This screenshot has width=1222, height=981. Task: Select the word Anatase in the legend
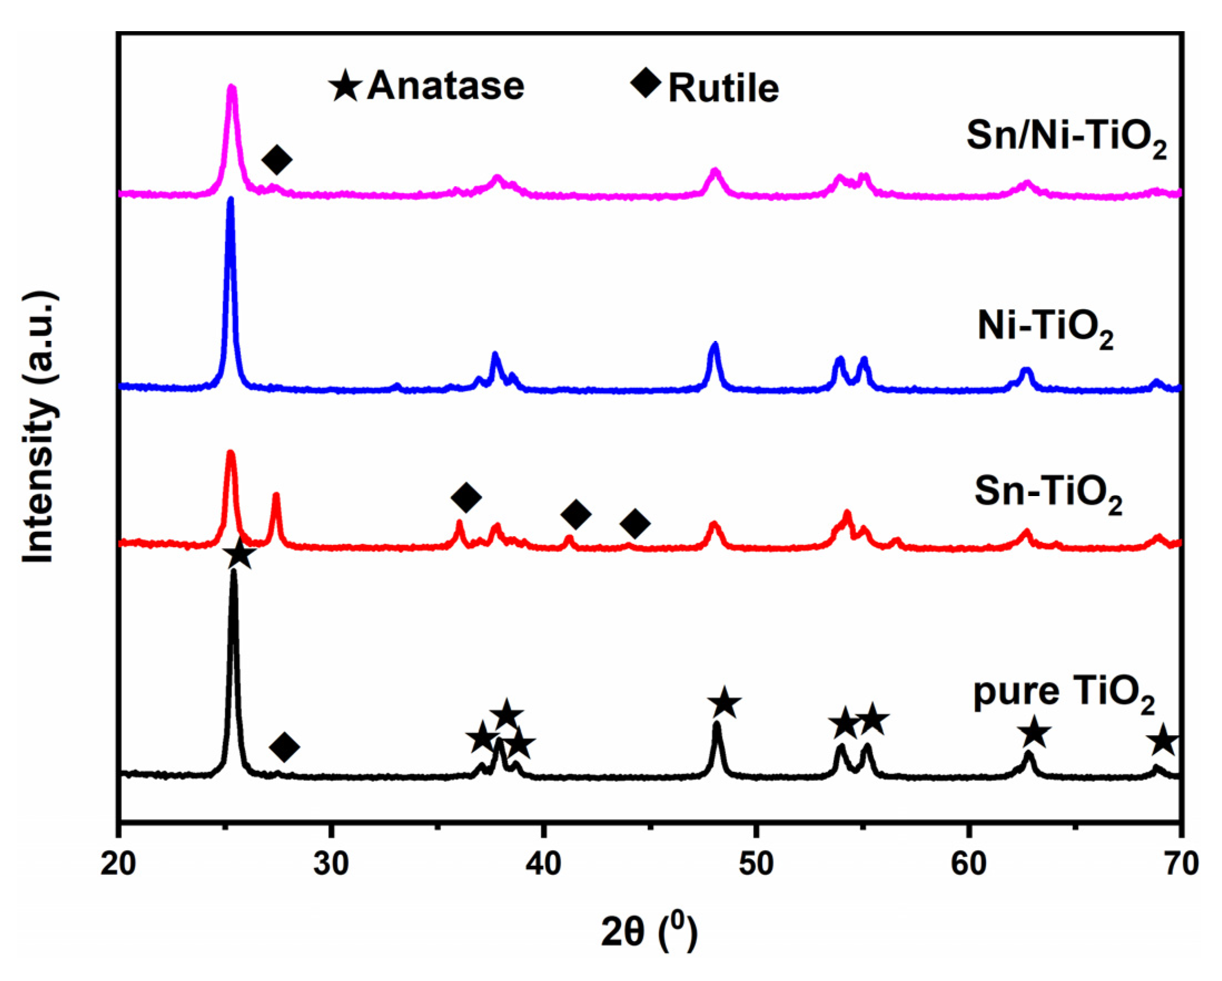[x=446, y=86]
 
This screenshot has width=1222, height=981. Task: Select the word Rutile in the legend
[x=724, y=88]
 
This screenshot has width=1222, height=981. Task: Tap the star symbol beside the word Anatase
[x=346, y=86]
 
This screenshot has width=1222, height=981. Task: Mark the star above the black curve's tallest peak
[x=239, y=554]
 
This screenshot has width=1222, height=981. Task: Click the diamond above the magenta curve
[x=277, y=159]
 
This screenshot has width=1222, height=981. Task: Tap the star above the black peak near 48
[x=724, y=703]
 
